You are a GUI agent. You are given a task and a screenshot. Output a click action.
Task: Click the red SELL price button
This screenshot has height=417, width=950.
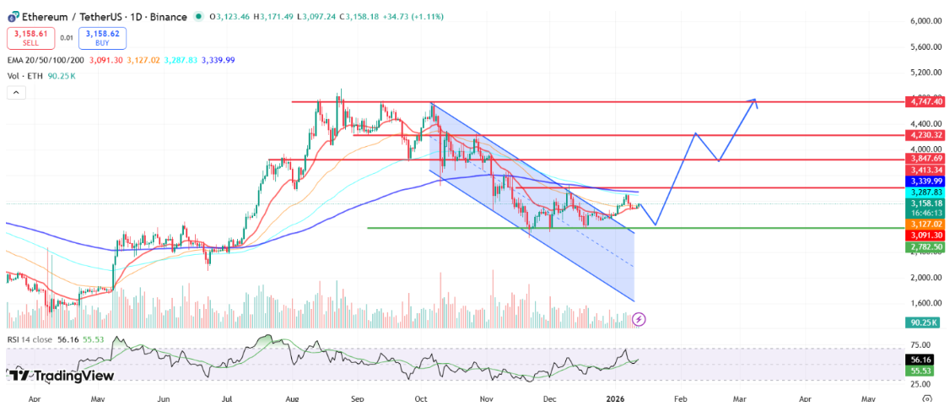pyautogui.click(x=30, y=37)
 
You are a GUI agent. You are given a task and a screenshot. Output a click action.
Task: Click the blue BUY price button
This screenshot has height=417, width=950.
pyautogui.click(x=100, y=37)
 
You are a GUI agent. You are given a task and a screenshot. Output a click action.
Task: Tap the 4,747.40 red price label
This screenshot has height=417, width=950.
pyautogui.click(x=926, y=101)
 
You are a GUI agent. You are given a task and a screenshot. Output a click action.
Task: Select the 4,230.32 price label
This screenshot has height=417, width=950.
pyautogui.click(x=926, y=134)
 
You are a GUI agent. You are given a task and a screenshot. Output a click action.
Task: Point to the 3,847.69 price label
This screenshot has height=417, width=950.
pyautogui.click(x=926, y=159)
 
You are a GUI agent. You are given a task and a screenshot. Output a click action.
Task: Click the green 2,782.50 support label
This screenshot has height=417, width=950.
pyautogui.click(x=926, y=246)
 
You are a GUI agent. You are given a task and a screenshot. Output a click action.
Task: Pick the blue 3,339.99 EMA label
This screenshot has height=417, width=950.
pyautogui.click(x=926, y=181)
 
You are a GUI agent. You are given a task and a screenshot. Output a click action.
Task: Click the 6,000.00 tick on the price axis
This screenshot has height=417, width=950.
pyautogui.click(x=925, y=21)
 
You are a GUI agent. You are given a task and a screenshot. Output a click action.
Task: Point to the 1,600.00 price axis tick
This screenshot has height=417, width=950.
pyautogui.click(x=925, y=303)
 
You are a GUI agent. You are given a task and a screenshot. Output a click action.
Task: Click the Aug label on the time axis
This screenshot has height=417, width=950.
pyautogui.click(x=292, y=397)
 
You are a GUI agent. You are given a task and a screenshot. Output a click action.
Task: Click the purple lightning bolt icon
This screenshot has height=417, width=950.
pyautogui.click(x=640, y=319)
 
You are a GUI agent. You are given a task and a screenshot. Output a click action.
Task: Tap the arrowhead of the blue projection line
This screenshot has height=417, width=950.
pyautogui.click(x=755, y=100)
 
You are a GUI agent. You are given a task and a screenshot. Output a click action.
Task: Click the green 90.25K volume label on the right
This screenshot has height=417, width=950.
pyautogui.click(x=925, y=322)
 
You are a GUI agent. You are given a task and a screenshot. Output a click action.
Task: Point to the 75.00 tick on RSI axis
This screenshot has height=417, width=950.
pyautogui.click(x=922, y=344)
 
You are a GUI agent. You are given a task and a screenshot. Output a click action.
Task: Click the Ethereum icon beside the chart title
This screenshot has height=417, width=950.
pyautogui.click(x=13, y=16)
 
